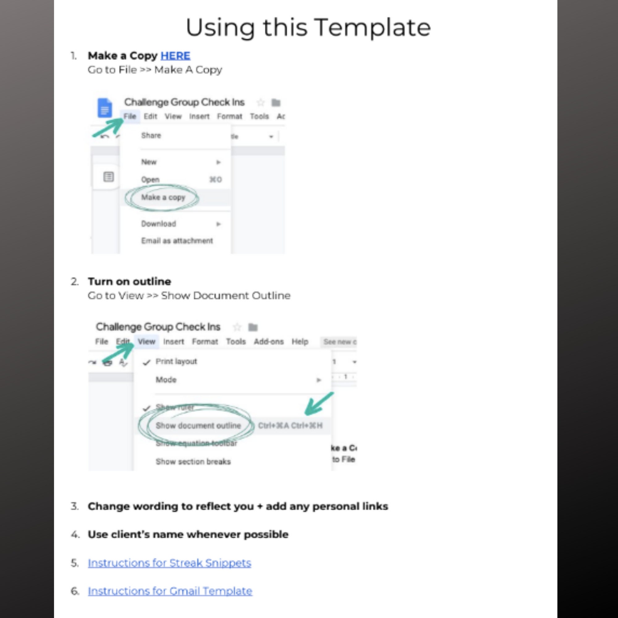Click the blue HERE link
point(175,56)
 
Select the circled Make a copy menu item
point(163,197)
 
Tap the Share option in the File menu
point(151,135)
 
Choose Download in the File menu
point(159,224)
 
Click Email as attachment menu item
point(177,240)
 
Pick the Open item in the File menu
point(150,180)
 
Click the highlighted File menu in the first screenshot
point(130,116)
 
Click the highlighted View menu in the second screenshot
point(146,342)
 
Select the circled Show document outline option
point(198,425)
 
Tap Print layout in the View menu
point(176,362)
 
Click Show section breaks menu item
point(193,462)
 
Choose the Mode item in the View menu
point(166,380)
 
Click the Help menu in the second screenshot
point(300,342)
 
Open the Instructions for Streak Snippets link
point(170,563)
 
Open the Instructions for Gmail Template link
point(170,591)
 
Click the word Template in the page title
point(373,28)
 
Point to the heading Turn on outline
point(129,281)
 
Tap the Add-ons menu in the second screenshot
point(269,342)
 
